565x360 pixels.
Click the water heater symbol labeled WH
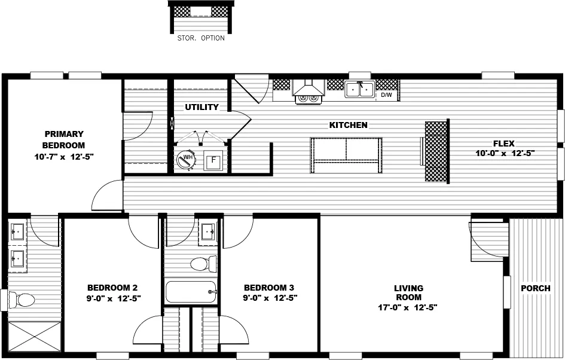(186, 159)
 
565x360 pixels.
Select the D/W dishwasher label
(387, 94)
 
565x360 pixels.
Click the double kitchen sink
(359, 90)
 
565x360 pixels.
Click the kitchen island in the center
(346, 155)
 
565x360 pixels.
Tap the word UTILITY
(201, 108)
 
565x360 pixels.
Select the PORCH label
(535, 288)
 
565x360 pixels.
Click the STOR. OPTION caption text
(201, 38)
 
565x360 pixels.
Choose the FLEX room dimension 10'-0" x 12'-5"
(504, 153)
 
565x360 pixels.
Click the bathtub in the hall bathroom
(190, 292)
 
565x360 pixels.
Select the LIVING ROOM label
(408, 292)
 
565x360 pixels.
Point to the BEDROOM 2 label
(114, 286)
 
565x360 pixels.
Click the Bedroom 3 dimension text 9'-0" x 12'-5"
(270, 297)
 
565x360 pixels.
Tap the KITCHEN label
(349, 125)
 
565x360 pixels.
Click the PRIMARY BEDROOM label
(63, 139)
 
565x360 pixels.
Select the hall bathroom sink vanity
(208, 231)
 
